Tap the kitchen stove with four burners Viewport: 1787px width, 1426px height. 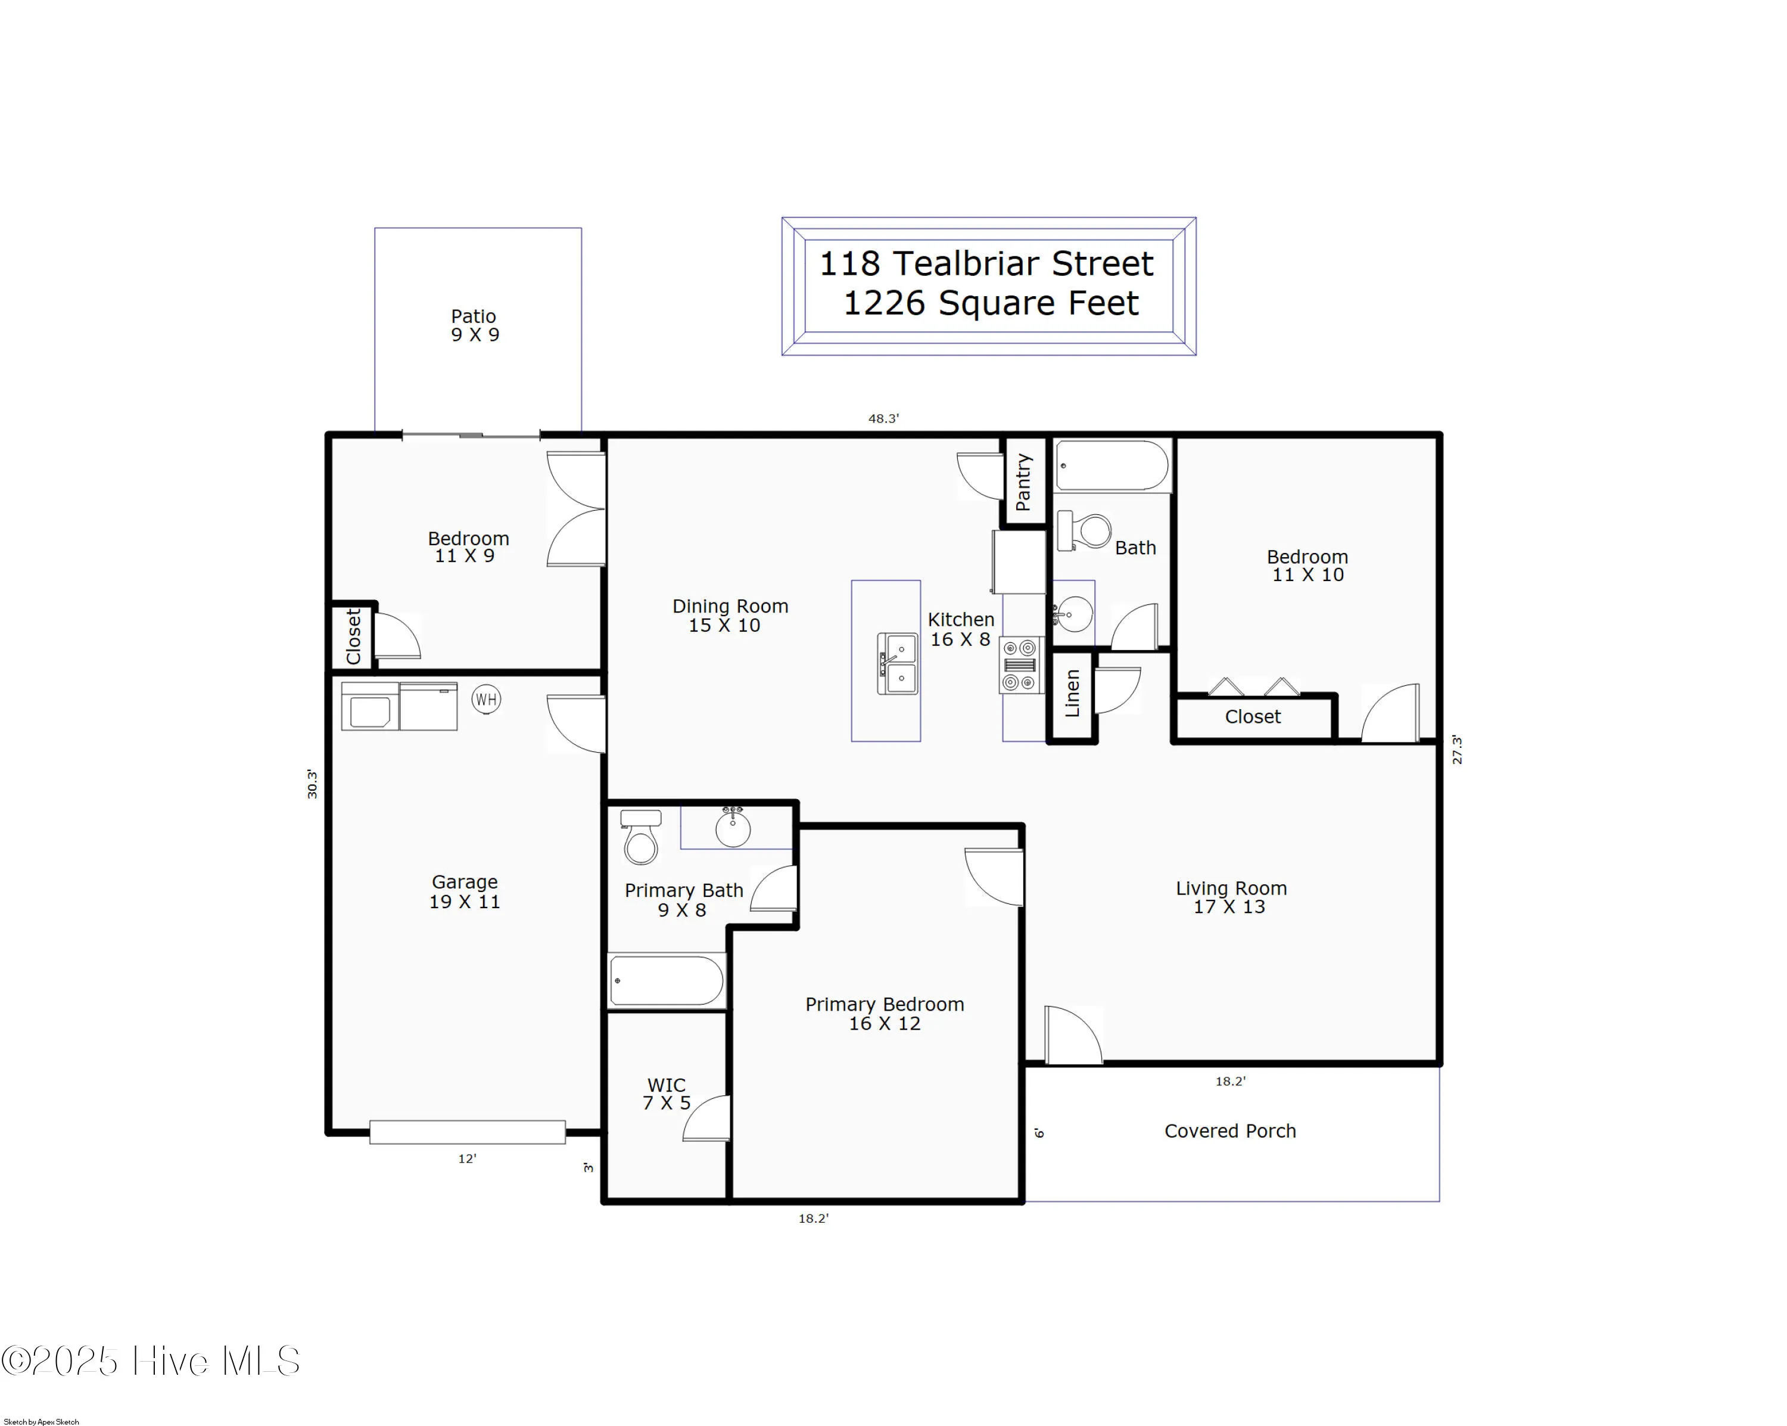click(x=1020, y=665)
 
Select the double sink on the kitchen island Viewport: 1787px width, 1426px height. click(x=898, y=663)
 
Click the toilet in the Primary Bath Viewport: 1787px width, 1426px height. click(x=641, y=837)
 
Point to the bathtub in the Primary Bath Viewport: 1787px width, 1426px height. click(x=667, y=981)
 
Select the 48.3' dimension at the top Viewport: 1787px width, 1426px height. click(x=883, y=419)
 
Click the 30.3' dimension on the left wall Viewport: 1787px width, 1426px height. click(x=313, y=784)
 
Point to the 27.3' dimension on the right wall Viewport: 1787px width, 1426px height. click(x=1457, y=750)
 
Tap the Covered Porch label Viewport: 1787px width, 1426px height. click(x=1229, y=1131)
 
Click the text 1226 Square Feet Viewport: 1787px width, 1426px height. click(x=991, y=303)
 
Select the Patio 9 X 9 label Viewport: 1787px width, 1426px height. click(x=475, y=325)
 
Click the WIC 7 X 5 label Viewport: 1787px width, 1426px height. click(x=667, y=1093)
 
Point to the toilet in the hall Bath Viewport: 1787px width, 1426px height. click(x=1085, y=530)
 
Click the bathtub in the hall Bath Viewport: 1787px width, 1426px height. click(x=1112, y=466)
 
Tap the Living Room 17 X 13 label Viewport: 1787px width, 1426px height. click(x=1230, y=897)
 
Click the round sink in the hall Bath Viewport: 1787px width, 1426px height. click(x=1074, y=614)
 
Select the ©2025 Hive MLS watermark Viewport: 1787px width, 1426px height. click(x=150, y=1361)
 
